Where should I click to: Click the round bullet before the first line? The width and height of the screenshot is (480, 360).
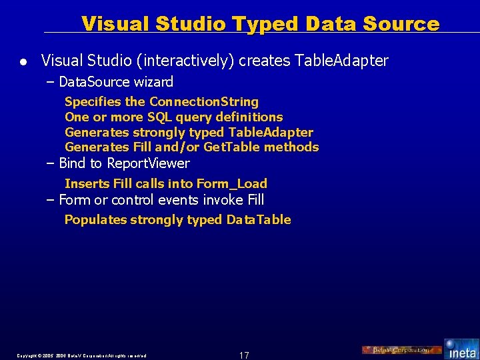click(23, 62)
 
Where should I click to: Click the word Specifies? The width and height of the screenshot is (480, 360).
click(93, 102)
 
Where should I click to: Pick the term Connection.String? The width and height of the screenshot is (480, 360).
click(204, 102)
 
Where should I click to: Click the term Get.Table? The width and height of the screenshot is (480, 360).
click(234, 147)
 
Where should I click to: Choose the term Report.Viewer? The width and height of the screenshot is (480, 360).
click(148, 163)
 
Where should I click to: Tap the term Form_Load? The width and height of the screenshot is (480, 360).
click(231, 183)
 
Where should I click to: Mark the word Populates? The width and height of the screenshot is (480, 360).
click(95, 220)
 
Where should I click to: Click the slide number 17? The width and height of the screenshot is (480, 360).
click(244, 355)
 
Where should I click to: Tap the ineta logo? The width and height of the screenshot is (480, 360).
click(461, 348)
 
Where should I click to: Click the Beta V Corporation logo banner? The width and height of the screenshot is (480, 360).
click(401, 350)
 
